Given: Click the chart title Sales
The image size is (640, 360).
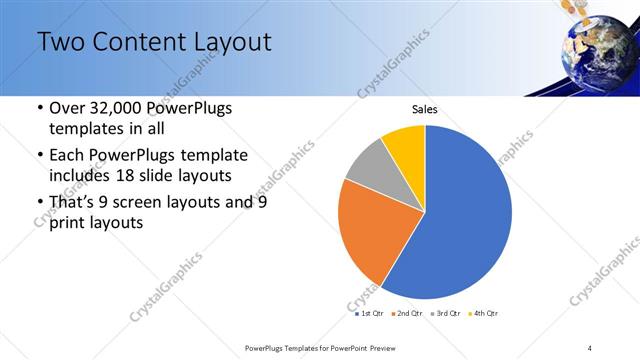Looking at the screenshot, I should tap(425, 109).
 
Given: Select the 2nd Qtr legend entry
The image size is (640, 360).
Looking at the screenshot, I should tap(406, 313).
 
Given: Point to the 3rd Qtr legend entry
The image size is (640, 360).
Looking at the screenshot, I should tap(445, 313).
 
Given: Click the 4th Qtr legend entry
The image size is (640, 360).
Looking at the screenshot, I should tap(483, 313).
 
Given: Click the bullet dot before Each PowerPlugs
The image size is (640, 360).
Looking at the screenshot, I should tap(39, 155).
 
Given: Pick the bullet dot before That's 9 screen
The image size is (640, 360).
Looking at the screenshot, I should tap(39, 202).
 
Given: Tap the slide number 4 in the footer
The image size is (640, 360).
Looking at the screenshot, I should tap(589, 347).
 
